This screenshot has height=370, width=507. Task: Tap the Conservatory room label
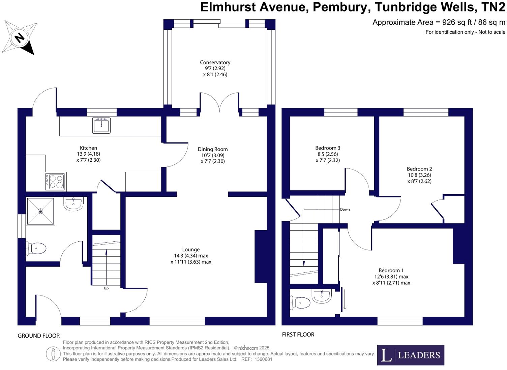215,62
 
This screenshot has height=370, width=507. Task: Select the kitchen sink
101,125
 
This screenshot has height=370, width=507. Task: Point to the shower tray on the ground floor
40,211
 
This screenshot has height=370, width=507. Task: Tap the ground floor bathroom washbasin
73,204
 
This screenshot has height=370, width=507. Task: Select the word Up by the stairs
106,288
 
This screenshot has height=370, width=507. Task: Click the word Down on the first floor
345,209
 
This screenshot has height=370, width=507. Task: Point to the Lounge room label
191,250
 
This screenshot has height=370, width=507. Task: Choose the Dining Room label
213,149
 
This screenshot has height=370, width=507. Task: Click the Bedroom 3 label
328,148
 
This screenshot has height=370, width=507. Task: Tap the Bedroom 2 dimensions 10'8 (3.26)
419,175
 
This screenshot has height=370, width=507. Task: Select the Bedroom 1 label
391,270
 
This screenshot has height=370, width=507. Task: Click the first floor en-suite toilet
300,303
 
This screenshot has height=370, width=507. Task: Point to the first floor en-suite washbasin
322,296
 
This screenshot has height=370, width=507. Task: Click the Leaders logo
410,355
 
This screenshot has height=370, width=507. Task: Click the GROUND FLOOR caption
39,336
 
